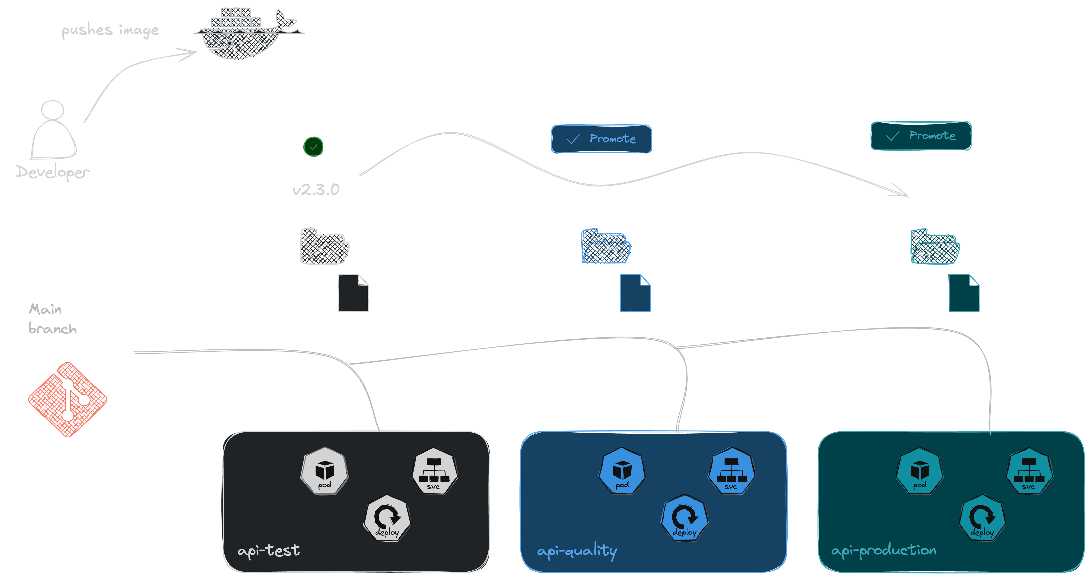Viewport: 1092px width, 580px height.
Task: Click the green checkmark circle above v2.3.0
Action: (313, 147)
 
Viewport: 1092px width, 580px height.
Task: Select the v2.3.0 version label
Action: (316, 189)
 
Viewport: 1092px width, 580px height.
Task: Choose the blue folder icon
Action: (605, 247)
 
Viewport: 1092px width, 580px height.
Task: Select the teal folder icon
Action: (935, 247)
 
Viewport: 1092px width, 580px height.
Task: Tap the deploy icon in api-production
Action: (982, 518)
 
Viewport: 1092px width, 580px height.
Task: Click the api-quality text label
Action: (577, 551)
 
